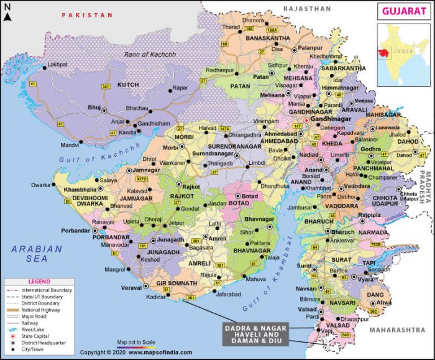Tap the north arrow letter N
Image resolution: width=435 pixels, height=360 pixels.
click(x=7, y=7)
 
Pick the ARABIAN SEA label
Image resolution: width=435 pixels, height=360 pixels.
click(x=37, y=254)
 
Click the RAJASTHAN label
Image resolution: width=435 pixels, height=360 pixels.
click(x=307, y=9)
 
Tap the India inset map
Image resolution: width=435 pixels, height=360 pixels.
click(x=404, y=55)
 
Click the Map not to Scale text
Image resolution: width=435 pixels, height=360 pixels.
click(x=135, y=342)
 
